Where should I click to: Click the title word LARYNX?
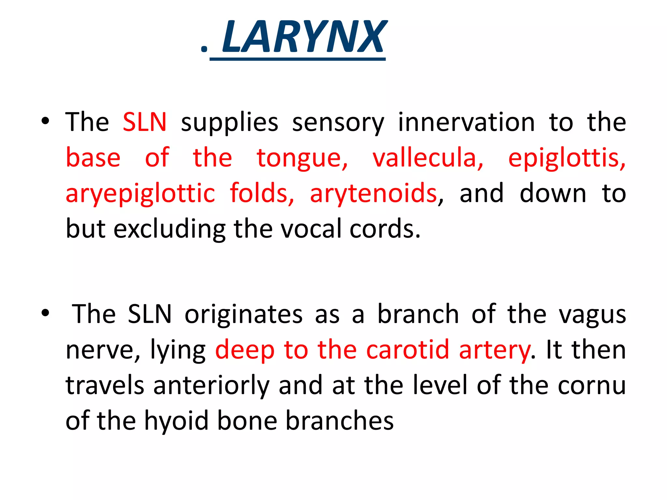click(304, 36)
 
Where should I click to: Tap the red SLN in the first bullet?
click(145, 122)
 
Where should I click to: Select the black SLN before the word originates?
click(149, 314)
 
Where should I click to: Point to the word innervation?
click(466, 122)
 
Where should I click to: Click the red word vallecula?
click(428, 158)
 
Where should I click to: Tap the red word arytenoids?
click(373, 193)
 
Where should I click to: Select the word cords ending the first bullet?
click(385, 229)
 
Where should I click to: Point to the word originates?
click(244, 314)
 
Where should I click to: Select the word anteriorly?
click(211, 386)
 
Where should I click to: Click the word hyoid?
click(176, 421)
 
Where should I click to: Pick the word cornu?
click(592, 386)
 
